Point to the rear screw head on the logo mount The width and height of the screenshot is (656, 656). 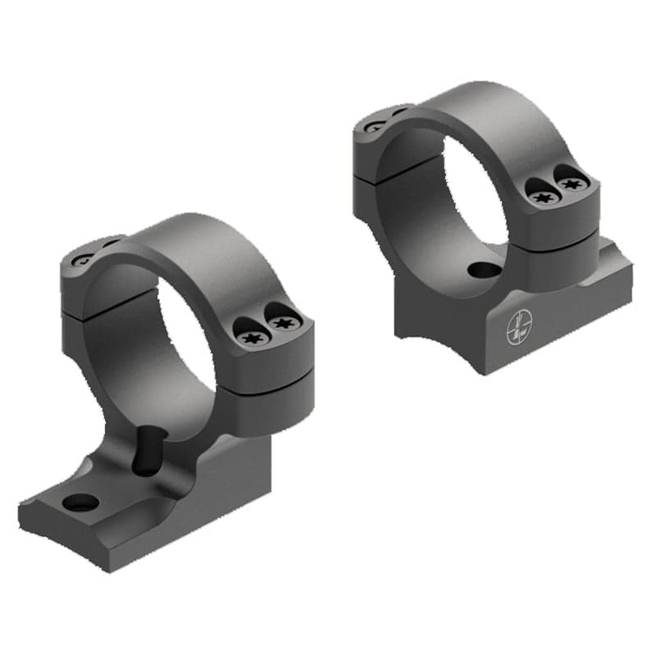(x=375, y=126)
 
